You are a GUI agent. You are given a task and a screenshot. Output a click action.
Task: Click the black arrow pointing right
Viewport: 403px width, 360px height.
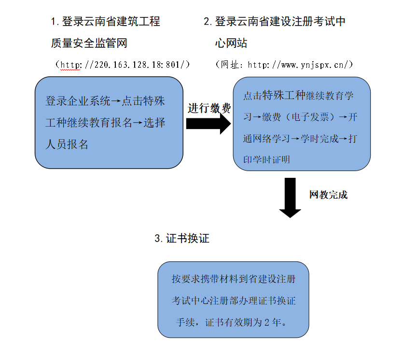click(208, 123)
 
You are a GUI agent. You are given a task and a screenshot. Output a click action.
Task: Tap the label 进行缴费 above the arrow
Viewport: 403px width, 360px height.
click(209, 109)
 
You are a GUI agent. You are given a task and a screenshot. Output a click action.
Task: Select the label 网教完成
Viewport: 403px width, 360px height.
click(328, 195)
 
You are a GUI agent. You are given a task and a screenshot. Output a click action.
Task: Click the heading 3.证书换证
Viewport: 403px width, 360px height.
click(182, 239)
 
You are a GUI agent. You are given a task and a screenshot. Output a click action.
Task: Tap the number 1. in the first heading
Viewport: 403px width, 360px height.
click(55, 22)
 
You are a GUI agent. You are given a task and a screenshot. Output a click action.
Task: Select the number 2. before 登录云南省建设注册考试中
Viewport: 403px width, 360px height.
click(208, 22)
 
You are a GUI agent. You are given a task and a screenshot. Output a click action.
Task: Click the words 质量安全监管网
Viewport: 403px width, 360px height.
click(89, 43)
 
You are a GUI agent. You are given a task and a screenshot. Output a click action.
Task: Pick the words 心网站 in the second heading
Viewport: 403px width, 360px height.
click(231, 43)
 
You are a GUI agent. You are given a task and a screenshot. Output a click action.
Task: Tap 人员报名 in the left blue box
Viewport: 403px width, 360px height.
click(67, 144)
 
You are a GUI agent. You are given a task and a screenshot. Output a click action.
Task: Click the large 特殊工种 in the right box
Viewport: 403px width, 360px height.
click(284, 95)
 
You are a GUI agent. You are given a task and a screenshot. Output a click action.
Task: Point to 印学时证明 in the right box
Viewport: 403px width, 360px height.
click(266, 159)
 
